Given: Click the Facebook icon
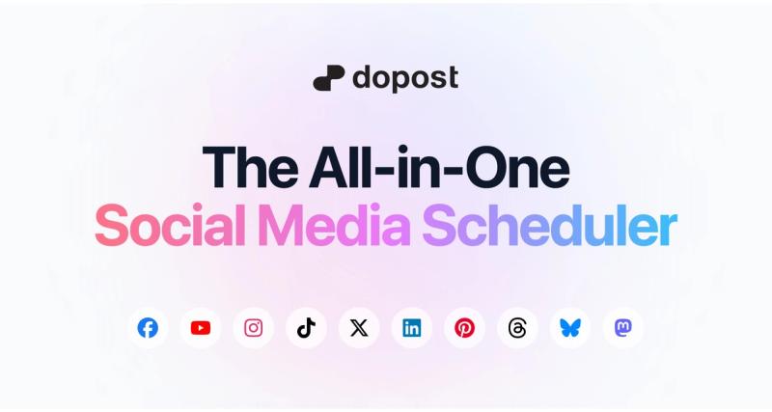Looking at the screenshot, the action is click(x=148, y=328).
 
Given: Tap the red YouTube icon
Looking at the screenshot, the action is click(x=201, y=328).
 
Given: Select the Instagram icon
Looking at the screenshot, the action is click(x=254, y=328).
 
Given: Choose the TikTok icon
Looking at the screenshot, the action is click(x=306, y=328).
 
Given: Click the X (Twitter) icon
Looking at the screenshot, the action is click(x=359, y=328).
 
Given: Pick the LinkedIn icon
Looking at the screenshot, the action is click(x=412, y=328).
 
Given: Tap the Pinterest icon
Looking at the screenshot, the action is click(x=464, y=328).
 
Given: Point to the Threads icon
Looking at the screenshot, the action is click(x=517, y=328).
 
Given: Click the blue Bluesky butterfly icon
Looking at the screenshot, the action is click(x=570, y=328).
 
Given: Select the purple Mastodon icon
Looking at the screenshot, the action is click(x=623, y=328).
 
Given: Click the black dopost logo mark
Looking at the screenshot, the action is click(x=328, y=78).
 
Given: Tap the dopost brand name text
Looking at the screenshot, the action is click(x=405, y=79).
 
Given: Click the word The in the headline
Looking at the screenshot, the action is click(x=250, y=167).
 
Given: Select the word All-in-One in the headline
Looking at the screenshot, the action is click(x=440, y=167).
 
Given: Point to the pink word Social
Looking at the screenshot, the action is click(x=170, y=225).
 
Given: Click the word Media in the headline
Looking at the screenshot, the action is click(x=334, y=225).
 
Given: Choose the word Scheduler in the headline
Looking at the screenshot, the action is click(x=550, y=225).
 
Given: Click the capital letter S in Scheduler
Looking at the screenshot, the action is click(x=442, y=226).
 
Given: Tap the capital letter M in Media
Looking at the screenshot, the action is click(x=281, y=225).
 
